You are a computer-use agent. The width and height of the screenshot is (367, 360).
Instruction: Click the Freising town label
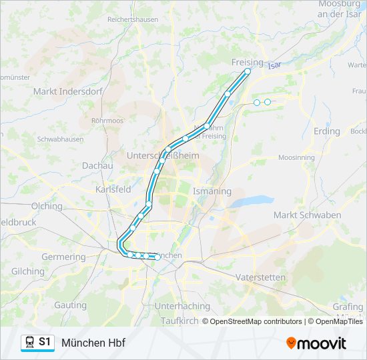point(247,62)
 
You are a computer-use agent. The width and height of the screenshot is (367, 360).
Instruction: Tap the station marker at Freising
point(248,71)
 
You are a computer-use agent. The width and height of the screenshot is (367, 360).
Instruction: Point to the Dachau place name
point(97,165)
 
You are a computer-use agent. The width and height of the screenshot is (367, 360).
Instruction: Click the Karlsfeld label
point(113,189)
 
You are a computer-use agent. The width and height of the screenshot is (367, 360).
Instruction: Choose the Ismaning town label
point(212,191)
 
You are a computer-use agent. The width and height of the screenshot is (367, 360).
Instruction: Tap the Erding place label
point(326,131)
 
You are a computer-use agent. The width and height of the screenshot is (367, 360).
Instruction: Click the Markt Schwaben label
point(307,215)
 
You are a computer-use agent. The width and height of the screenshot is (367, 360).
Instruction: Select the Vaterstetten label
point(260,277)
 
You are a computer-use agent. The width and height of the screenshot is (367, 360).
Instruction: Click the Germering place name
point(63,257)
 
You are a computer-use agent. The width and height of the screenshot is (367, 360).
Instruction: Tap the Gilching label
point(27,271)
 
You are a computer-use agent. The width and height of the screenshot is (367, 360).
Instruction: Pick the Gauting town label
point(70,305)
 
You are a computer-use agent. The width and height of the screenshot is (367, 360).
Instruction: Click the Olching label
point(46,206)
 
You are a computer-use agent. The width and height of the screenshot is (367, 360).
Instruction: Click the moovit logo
point(316,343)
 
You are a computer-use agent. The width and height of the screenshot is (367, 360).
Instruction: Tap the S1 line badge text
point(45,342)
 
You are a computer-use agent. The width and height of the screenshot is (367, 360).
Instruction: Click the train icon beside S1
point(30,342)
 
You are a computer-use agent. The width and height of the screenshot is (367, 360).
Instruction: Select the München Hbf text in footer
point(93,343)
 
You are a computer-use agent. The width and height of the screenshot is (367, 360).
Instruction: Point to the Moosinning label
point(296,157)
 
